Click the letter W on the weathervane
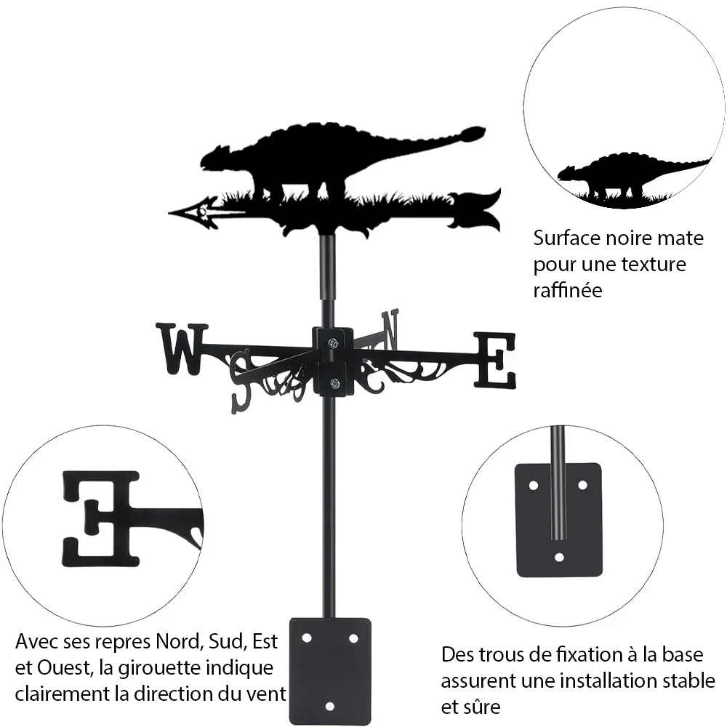182,349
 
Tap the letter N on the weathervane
390,329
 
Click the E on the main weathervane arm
494,360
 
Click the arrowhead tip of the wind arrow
169,213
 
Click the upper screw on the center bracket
332,344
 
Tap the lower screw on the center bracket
334,383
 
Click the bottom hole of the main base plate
329,706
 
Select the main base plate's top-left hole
307,638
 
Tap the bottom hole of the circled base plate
559,556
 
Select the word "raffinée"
568,290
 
